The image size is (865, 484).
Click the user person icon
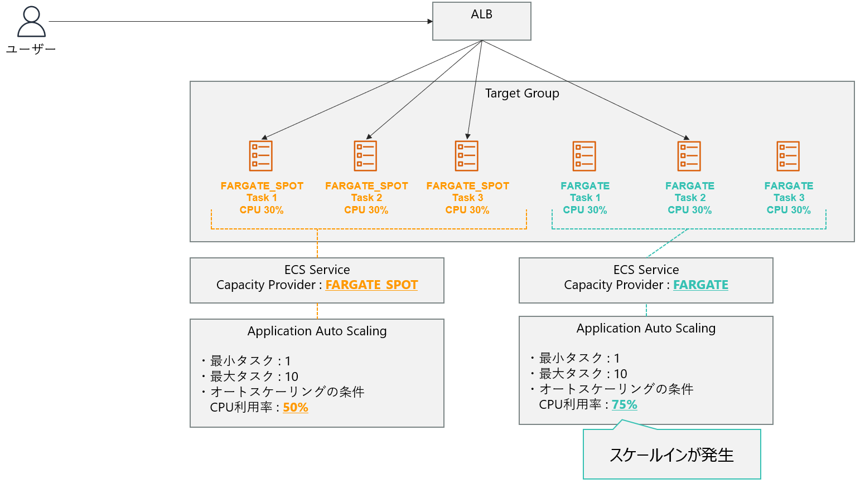[x=31, y=22]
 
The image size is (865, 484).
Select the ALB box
[x=481, y=21]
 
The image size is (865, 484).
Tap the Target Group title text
[x=522, y=94]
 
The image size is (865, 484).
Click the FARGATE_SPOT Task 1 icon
[x=261, y=156]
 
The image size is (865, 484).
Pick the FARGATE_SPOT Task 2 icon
[x=366, y=156]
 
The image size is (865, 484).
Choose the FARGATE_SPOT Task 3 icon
[x=467, y=156]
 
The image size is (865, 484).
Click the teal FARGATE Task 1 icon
[x=584, y=156]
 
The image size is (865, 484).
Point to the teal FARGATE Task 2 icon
[x=689, y=156]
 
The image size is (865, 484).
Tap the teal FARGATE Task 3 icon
[x=788, y=156]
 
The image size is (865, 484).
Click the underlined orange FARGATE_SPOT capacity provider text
[x=371, y=285]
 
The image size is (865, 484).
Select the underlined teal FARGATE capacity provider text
[x=700, y=285]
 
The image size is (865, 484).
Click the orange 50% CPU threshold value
[x=296, y=408]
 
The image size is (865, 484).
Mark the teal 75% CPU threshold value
[x=625, y=405]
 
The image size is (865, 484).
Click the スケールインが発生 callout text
[x=671, y=455]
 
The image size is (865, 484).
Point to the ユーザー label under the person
[x=31, y=50]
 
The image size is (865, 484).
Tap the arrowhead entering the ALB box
[x=430, y=22]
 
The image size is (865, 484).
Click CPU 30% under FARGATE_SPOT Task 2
[x=366, y=210]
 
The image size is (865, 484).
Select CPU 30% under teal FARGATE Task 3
[x=788, y=210]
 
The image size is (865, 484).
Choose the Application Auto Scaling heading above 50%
[x=317, y=331]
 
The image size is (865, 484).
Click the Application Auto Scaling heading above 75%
[x=646, y=329]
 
